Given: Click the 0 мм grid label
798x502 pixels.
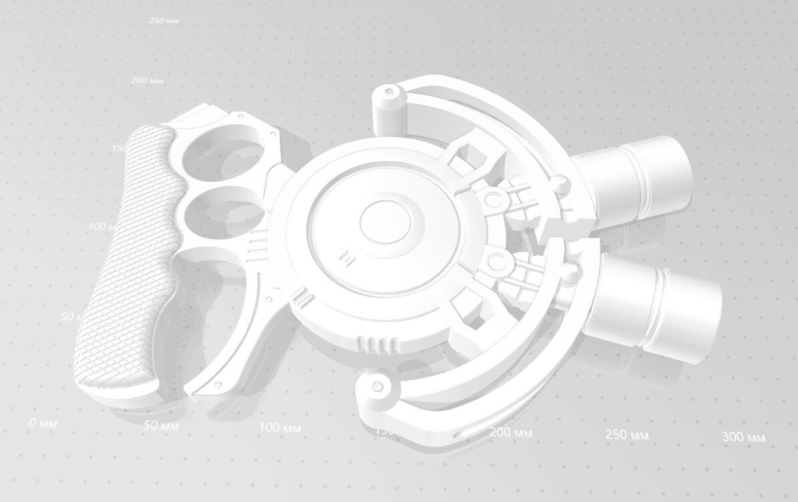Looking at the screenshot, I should tap(43, 423).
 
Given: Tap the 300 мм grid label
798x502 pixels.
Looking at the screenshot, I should tap(743, 438).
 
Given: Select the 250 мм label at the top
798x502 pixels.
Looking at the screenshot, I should tap(166, 21).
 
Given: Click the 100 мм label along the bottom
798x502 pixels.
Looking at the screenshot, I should tap(280, 428).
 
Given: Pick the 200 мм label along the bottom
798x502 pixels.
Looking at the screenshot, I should tap(511, 432).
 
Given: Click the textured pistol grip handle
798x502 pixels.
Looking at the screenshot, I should tap(124, 261).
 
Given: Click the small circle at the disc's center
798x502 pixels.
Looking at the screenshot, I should tap(385, 221).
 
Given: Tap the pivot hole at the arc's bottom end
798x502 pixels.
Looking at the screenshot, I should tap(379, 387).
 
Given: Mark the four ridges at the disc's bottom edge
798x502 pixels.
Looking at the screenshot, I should tap(379, 345).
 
